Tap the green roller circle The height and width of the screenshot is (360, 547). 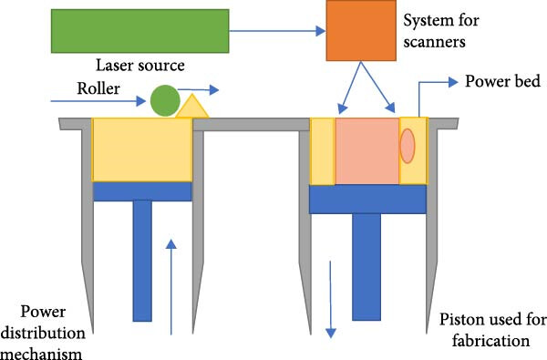(x=165, y=100)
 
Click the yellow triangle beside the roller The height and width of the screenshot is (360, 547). (x=191, y=108)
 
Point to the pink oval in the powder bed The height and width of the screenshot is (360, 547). (x=408, y=146)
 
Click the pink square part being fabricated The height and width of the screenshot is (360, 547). (x=366, y=149)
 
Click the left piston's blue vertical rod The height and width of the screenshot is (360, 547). (x=142, y=261)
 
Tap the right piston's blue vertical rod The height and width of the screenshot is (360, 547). (x=366, y=266)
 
